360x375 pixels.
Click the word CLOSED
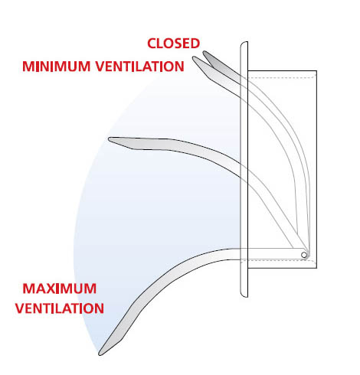coord(174,44)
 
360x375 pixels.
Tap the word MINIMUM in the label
coord(57,67)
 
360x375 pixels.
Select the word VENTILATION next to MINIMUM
coord(140,67)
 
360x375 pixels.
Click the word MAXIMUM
coord(60,289)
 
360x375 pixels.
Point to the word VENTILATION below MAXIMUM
coord(60,308)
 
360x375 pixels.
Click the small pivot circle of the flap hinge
coord(304,255)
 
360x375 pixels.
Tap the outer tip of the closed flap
coord(204,52)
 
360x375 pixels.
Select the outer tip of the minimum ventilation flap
coord(194,57)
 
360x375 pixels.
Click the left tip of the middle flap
coord(110,139)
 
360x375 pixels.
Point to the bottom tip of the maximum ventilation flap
coord(100,354)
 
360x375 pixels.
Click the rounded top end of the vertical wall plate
coord(244,42)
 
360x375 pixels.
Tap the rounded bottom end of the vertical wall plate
coord(244,296)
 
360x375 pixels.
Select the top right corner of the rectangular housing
coord(316,70)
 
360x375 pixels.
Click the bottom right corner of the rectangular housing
coord(316,268)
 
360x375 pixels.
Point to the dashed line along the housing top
coord(282,77)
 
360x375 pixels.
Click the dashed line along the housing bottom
coord(278,262)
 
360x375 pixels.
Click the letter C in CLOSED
coord(152,44)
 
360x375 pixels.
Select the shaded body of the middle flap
coord(178,148)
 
